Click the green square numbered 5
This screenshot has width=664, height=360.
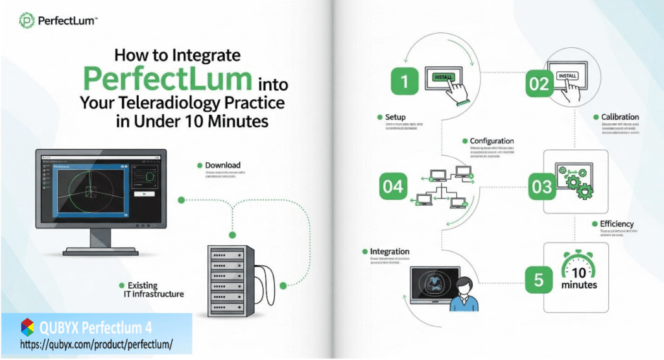pyautogui.click(x=538, y=280)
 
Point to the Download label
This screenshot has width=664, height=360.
pyautogui.click(x=222, y=165)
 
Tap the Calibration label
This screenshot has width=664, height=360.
pyautogui.click(x=620, y=117)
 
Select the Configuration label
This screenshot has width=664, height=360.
pyautogui.click(x=492, y=141)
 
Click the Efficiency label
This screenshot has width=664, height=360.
pyautogui.click(x=616, y=224)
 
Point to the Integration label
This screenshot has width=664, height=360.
pyautogui.click(x=389, y=251)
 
